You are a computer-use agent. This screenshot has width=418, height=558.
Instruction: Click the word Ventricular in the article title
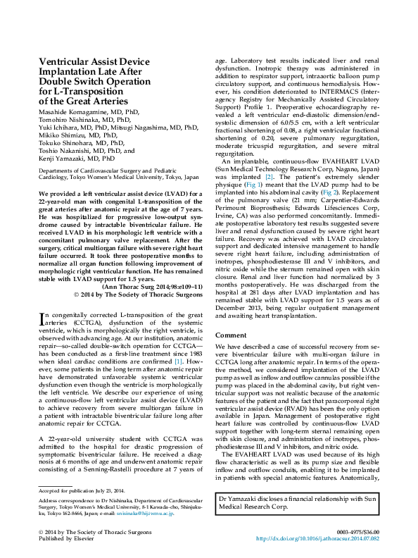coord(70,61)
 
